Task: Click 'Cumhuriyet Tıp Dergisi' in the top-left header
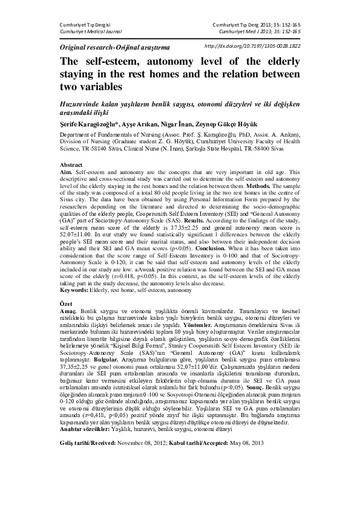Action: (x=86, y=22)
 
